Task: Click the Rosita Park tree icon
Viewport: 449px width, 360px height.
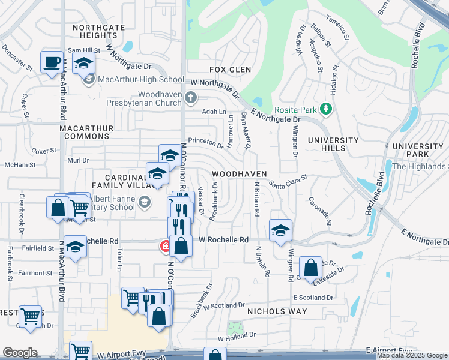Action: tap(326, 109)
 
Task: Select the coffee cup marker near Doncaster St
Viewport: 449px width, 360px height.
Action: tap(52, 61)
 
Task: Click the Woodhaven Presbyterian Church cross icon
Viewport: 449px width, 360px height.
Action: tap(191, 97)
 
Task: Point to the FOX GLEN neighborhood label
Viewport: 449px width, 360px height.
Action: tap(229, 70)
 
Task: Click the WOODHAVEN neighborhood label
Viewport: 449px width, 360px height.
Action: tap(239, 173)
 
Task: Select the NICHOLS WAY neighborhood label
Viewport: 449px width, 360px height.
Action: tap(277, 311)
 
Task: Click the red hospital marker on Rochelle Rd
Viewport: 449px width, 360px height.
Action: tap(165, 245)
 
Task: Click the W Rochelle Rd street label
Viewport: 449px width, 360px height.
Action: tap(223, 239)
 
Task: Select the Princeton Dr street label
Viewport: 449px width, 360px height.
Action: tap(206, 142)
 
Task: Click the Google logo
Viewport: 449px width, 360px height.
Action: tap(20, 353)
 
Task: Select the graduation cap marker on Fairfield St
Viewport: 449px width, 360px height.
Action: tap(75, 247)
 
